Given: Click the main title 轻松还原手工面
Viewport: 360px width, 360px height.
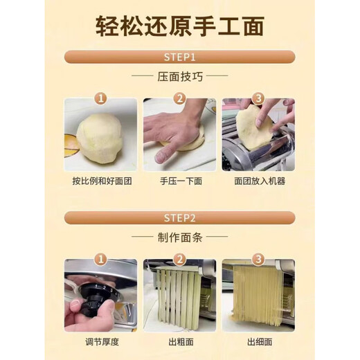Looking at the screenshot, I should pos(180,29).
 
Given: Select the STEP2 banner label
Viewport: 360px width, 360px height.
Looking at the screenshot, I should pos(180,217).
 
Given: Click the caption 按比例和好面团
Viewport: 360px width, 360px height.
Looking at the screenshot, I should pos(102,181).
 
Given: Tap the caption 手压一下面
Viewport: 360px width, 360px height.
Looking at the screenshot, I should pos(180,181).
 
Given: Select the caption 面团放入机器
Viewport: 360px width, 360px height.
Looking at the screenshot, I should pos(258,181).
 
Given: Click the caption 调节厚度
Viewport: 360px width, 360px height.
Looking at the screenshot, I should pos(101,341).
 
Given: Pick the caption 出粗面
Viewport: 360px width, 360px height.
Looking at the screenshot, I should pos(180,341).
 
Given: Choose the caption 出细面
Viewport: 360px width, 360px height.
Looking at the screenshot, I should pos(258,341).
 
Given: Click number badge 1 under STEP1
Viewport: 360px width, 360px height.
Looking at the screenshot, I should pos(102,99).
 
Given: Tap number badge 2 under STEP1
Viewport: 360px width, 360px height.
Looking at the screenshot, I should pos(180,99).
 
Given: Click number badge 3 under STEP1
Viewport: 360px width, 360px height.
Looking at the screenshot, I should pos(258,99).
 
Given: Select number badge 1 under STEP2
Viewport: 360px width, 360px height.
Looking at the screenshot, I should pos(102,260).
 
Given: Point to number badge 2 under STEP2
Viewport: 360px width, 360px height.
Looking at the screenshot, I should pos(180,260).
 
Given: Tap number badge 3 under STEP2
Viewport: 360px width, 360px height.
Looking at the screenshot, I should pos(258,260).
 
